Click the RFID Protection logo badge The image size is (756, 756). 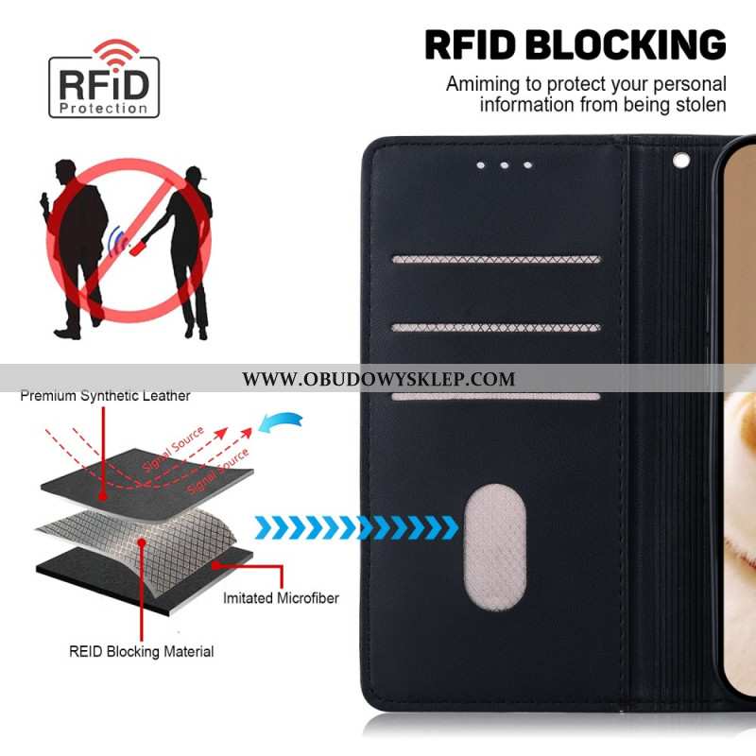tap(104, 79)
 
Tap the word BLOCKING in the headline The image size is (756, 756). tap(626, 44)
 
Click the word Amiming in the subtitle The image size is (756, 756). tap(484, 84)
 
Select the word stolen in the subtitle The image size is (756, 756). tap(701, 105)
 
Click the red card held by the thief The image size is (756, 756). tap(137, 247)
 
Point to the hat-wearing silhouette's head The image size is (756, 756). tap(195, 176)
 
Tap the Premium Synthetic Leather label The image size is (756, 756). tap(105, 396)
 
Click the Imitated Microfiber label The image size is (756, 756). tap(281, 598)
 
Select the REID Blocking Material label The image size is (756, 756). tap(141, 651)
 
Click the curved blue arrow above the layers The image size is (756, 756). tap(281, 421)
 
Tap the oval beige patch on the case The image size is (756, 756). tap(494, 547)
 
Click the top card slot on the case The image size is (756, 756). tap(496, 259)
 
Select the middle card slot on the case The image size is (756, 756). tap(496, 328)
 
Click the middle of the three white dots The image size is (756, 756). tap(505, 165)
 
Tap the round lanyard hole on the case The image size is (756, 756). tap(680, 160)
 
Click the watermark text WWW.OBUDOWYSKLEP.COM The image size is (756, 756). tap(379, 379)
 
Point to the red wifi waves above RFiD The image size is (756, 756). tap(116, 52)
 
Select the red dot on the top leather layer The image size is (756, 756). tap(103, 495)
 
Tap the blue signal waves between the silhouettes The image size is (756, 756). tap(116, 241)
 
